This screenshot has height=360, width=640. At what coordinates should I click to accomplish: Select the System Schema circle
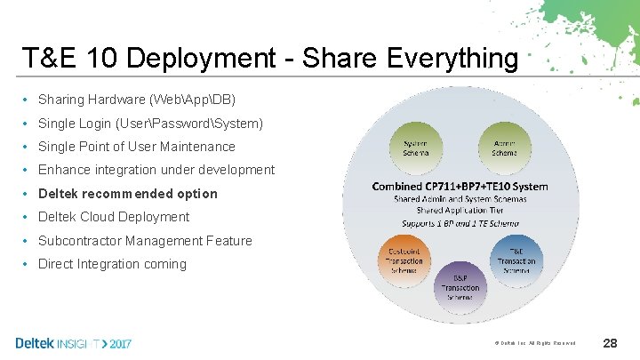click(x=415, y=148)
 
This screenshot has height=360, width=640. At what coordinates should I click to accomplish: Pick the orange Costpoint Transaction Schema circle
click(x=405, y=258)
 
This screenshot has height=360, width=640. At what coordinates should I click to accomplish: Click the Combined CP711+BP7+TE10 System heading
click(x=460, y=187)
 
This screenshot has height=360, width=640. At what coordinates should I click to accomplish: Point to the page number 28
click(x=610, y=342)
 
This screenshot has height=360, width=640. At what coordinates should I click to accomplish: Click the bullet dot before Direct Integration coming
click(x=28, y=264)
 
